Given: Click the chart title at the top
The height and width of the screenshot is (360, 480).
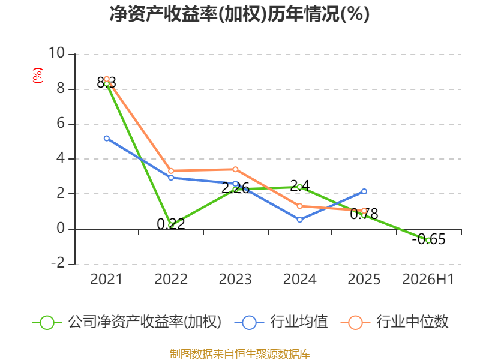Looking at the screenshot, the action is pos(239,14).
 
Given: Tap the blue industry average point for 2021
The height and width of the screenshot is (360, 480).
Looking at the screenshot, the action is pos(107,139).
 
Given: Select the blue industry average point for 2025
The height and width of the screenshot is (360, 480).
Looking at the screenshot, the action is pos(364,191).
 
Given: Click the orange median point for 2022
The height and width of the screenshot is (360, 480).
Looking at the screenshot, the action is pos(171,171).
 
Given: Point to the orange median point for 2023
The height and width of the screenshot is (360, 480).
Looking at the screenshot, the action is pos(235,169).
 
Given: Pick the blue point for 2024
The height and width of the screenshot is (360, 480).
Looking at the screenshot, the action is pos(299,220).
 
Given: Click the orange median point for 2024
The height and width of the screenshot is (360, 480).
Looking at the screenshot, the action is pos(299,206).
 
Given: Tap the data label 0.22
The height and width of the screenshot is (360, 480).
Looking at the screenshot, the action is pos(171,224).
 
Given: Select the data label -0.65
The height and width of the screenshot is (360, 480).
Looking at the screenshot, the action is pos(428,239).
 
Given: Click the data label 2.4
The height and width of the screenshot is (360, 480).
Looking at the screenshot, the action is pos(299,186).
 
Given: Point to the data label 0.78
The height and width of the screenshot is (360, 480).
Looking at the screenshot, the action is pos(364,214).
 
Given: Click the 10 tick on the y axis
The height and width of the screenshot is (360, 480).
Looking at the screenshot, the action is pos(57,53).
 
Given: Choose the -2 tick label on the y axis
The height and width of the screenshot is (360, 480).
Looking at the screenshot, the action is pos(58,263).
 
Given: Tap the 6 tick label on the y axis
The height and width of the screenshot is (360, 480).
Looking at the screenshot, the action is pos(61,123).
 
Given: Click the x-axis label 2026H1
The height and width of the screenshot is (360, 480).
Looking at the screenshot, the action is pos(428,279).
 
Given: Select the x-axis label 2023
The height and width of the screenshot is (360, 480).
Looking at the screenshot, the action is pos(235,279).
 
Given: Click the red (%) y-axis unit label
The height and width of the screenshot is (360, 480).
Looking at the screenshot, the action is pos(38,76).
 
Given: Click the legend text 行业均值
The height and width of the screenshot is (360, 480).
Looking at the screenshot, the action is pos(299,322).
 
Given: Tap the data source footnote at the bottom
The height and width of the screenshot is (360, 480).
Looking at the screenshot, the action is pos(239,354).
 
